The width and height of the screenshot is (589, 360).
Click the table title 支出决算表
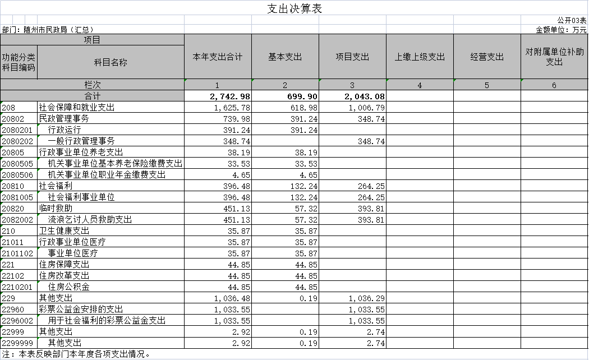[x=294, y=8]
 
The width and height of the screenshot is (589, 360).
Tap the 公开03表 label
[x=572, y=20]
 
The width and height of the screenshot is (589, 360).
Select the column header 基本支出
[x=285, y=57]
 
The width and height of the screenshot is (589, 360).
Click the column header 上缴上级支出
[x=420, y=57]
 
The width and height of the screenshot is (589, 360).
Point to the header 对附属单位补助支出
[x=554, y=57]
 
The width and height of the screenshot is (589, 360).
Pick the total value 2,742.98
[x=230, y=96]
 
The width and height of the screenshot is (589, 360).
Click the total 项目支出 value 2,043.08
[x=365, y=96]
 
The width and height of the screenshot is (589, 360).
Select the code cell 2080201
[x=17, y=130]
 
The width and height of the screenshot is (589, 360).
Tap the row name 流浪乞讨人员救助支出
[x=90, y=220]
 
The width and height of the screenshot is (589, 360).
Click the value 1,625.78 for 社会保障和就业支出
[x=232, y=108]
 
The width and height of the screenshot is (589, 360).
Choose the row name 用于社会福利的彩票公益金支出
[x=107, y=321]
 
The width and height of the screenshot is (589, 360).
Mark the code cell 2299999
[x=17, y=343]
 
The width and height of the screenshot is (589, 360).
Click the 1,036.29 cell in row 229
[x=367, y=298]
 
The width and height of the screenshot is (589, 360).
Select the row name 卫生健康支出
[x=65, y=231]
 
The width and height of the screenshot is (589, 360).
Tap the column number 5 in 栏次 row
[x=487, y=85]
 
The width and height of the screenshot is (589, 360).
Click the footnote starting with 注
[x=76, y=354]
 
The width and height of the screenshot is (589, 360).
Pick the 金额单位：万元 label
[x=561, y=30]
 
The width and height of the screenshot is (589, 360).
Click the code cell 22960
[x=13, y=310]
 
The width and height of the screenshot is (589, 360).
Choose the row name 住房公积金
[x=69, y=287]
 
